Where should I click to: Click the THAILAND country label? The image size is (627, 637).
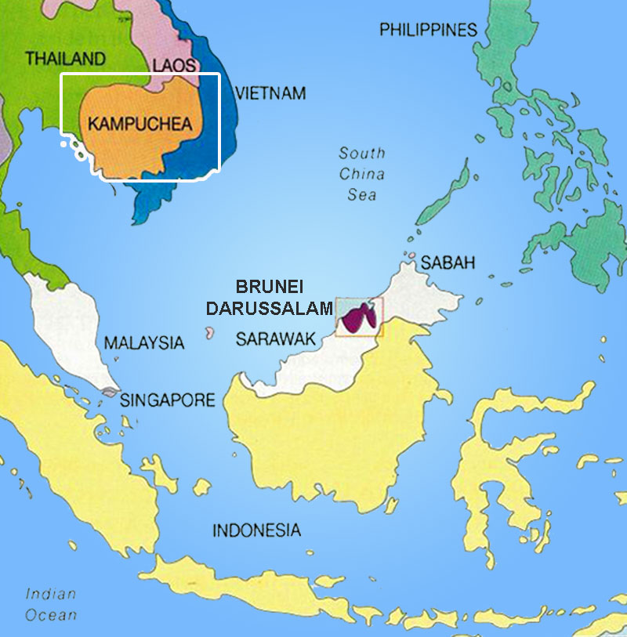(65, 58)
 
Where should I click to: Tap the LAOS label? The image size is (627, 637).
(174, 66)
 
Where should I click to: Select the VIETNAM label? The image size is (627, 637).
(270, 93)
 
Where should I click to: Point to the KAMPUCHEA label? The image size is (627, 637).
(140, 123)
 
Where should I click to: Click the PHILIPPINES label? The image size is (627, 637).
(428, 30)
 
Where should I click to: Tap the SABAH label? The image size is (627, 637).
(448, 262)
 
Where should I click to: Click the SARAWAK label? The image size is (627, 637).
(275, 338)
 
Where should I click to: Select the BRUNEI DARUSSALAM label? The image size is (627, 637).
(270, 297)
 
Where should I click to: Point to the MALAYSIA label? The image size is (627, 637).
(144, 342)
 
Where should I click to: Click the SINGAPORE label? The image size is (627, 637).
(167, 400)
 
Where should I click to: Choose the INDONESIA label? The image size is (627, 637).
(256, 530)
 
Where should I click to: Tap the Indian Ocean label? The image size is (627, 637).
(51, 604)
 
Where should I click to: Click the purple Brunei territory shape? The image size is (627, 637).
(358, 319)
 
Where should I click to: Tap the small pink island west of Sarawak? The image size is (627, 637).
(209, 333)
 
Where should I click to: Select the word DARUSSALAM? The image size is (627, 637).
(270, 309)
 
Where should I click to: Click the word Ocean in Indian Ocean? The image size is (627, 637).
(51, 615)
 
